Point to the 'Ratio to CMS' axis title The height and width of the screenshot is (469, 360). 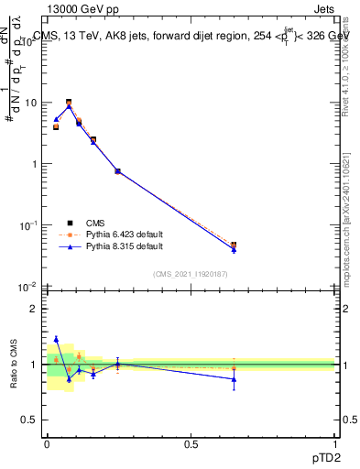point(15,365)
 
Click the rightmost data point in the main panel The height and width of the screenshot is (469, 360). point(234,245)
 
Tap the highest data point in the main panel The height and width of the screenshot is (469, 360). point(69,103)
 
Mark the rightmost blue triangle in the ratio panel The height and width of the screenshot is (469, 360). point(234,378)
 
